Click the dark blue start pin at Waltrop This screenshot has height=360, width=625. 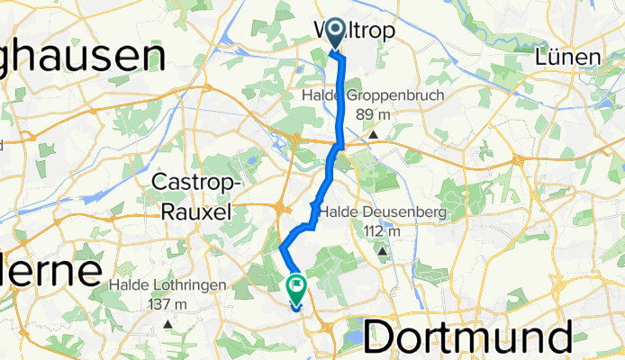[335, 34]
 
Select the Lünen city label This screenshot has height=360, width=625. [566, 58]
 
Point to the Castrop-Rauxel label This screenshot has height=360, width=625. [195, 196]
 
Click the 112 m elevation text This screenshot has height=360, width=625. [382, 231]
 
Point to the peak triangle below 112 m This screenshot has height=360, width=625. [383, 252]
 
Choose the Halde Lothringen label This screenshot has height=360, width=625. [168, 285]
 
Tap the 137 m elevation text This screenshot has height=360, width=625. [167, 304]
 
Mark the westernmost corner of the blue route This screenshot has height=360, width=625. [282, 247]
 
